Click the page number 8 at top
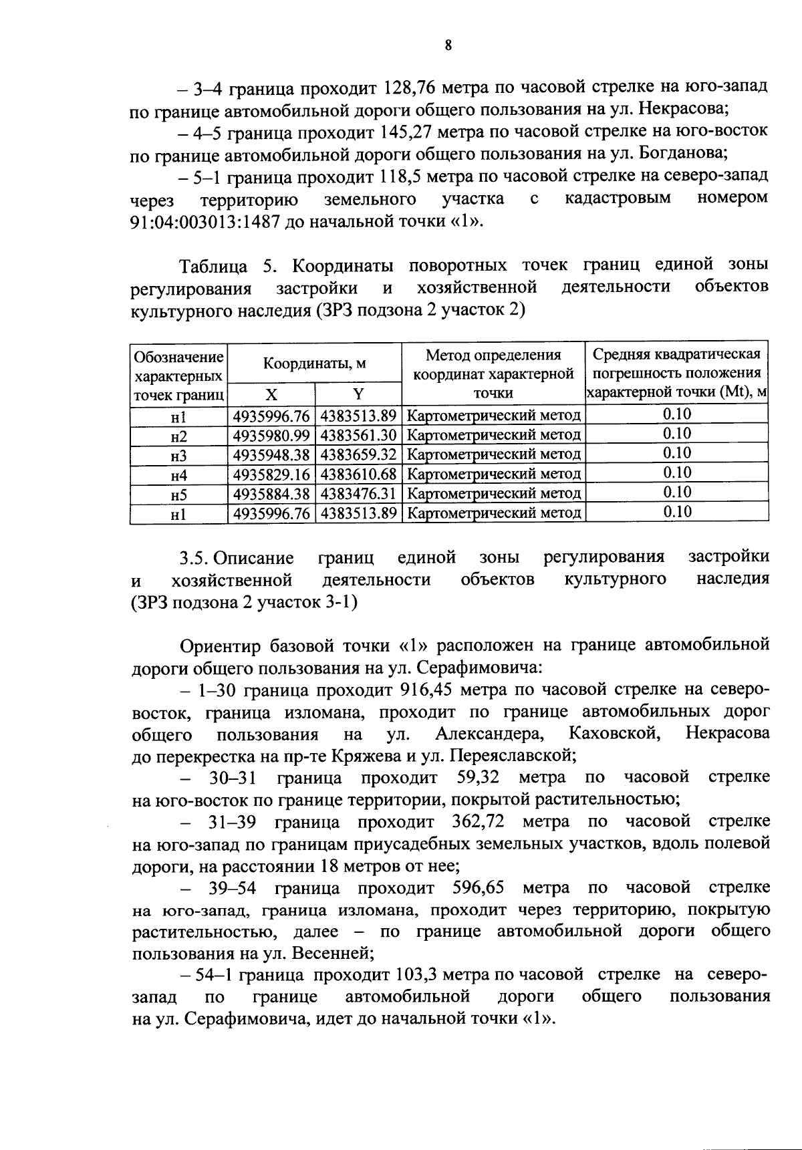click(448, 45)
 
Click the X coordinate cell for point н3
click(271, 454)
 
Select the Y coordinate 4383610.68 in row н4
click(359, 474)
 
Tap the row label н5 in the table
click(178, 494)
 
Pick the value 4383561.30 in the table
click(359, 435)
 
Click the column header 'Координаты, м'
click(314, 364)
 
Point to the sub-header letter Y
click(358, 394)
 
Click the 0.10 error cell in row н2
click(676, 434)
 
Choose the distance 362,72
click(478, 821)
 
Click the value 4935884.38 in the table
click(271, 494)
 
